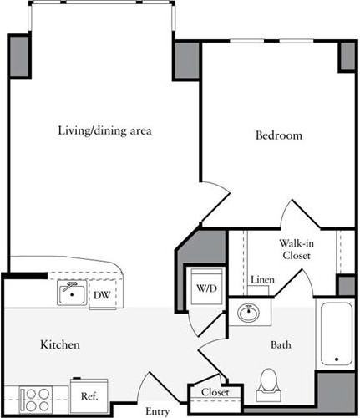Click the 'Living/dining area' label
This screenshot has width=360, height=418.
click(104, 130)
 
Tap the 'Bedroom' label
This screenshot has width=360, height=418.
click(278, 135)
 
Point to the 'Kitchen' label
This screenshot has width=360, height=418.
click(59, 344)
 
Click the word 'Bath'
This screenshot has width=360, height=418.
click(281, 344)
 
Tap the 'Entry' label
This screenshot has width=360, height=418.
click(157, 411)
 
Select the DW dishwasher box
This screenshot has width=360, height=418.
click(101, 294)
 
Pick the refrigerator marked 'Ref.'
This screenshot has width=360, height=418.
click(89, 396)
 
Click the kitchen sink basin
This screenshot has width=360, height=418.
click(73, 293)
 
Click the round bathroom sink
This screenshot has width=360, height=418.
click(248, 314)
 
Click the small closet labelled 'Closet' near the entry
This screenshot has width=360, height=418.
click(214, 392)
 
